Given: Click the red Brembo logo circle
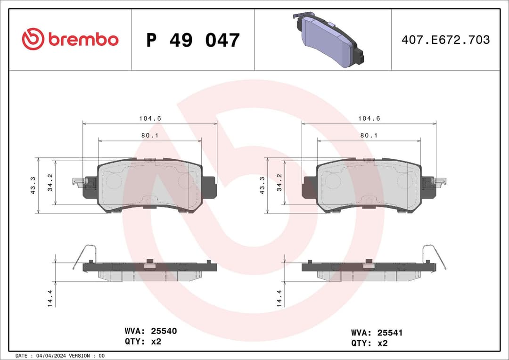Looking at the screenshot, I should [x=33, y=39].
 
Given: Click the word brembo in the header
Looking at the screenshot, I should [x=83, y=40].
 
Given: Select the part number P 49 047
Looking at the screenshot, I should [x=193, y=40].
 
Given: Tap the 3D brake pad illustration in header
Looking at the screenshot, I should [x=328, y=40].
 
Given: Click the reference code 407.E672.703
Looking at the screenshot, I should [x=445, y=40].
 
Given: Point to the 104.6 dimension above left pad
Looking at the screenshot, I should [x=150, y=119].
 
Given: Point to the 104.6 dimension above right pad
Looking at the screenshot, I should [x=369, y=119].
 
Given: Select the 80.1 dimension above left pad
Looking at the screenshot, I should [x=150, y=135].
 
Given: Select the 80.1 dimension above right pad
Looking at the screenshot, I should [x=369, y=135].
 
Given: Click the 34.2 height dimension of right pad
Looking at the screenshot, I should [x=279, y=182].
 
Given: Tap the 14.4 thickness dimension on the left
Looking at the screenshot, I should [x=50, y=299].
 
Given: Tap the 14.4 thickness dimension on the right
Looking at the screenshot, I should [x=279, y=299].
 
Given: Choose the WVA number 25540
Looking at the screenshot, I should [x=164, y=331].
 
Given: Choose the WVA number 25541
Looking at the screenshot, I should [x=389, y=333].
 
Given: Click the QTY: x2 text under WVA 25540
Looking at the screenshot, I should [x=143, y=342].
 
